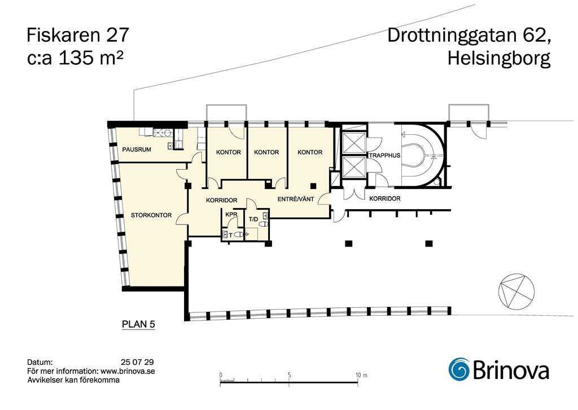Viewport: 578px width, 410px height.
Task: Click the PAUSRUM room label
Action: [x=137, y=149]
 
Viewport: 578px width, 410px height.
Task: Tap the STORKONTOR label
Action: [x=151, y=215]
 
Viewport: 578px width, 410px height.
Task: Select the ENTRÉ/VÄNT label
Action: [x=296, y=199]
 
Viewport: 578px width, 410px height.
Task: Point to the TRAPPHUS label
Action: [x=384, y=156]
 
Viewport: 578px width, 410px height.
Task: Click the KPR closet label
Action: [x=231, y=215]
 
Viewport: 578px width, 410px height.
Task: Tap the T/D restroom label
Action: [x=253, y=219]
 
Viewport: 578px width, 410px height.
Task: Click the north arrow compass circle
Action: [x=516, y=291]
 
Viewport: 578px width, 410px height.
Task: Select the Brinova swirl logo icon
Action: [x=458, y=369]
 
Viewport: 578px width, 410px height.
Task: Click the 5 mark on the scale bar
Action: [x=290, y=375]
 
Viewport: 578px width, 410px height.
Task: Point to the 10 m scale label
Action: [x=361, y=375]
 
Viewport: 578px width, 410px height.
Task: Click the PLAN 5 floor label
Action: [x=138, y=324]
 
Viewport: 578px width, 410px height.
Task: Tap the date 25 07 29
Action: [x=137, y=362]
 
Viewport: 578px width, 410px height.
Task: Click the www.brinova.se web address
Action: [x=128, y=371]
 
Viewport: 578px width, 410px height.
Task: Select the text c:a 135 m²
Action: [x=75, y=58]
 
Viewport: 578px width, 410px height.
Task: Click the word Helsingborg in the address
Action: [x=499, y=59]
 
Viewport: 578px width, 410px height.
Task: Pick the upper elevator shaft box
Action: [x=353, y=143]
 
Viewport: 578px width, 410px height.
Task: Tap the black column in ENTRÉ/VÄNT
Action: [x=313, y=186]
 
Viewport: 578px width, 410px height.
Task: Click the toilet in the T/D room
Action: [x=264, y=223]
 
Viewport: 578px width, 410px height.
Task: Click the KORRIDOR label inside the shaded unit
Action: [x=221, y=200]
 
